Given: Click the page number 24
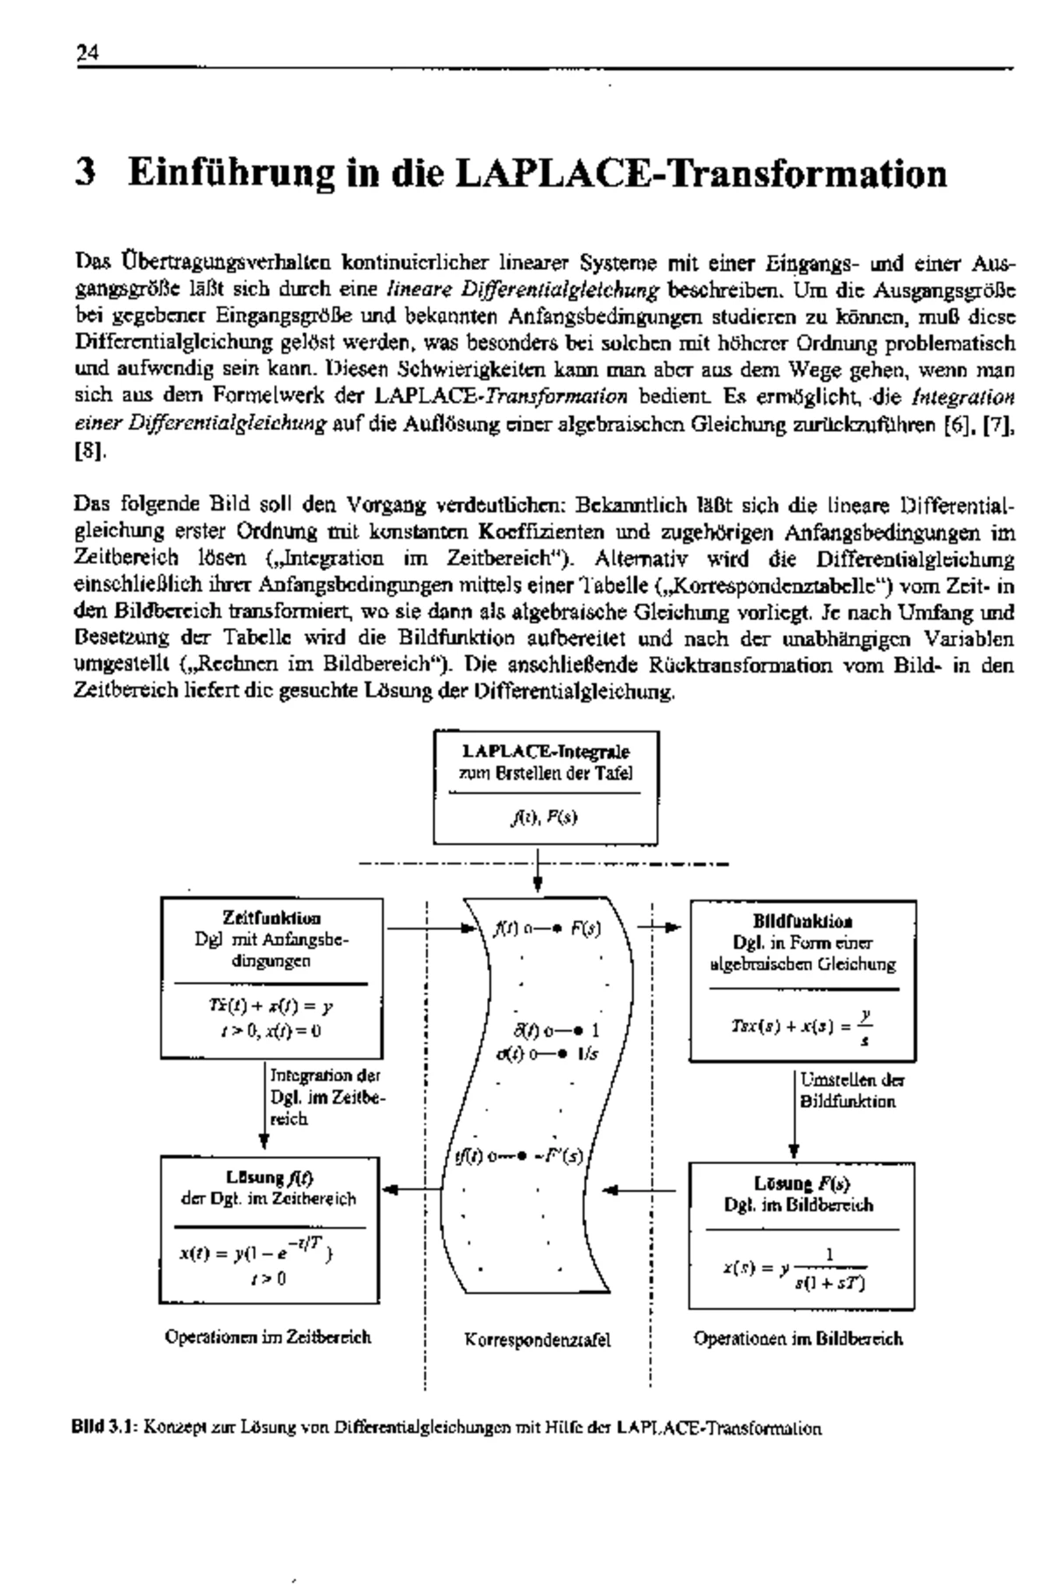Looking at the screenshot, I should click(86, 53).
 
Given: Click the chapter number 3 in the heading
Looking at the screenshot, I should click(85, 173).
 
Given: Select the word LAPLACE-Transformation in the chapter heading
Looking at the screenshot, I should click(701, 173).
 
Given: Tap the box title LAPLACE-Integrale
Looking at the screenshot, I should click(546, 752).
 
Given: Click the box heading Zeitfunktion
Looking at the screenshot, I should click(272, 918).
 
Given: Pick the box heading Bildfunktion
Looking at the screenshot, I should click(803, 921).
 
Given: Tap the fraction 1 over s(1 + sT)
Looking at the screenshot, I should click(829, 1270).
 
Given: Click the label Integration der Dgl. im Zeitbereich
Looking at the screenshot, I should click(325, 1097).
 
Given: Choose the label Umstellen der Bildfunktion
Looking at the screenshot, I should click(851, 1090).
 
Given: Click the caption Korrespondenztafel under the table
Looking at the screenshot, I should click(537, 1339).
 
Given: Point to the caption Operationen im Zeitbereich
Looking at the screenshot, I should click(268, 1337).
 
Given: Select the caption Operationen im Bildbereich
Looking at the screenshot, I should click(797, 1338).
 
